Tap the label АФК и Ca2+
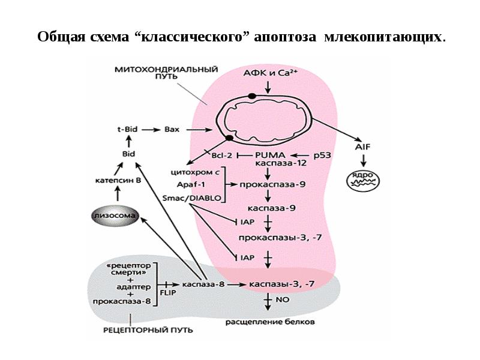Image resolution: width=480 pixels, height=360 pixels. tap(268, 72)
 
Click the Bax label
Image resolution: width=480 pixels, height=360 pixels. tap(172, 129)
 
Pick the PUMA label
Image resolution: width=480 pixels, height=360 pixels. tap(275, 155)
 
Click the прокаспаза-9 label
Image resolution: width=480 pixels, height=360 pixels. tap(273, 185)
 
